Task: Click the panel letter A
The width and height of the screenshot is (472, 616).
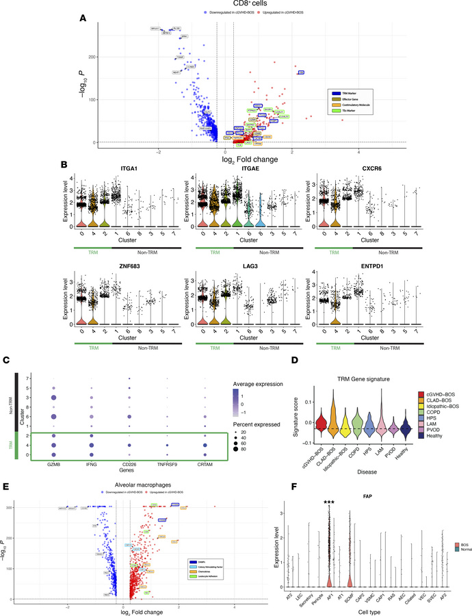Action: (83, 18)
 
